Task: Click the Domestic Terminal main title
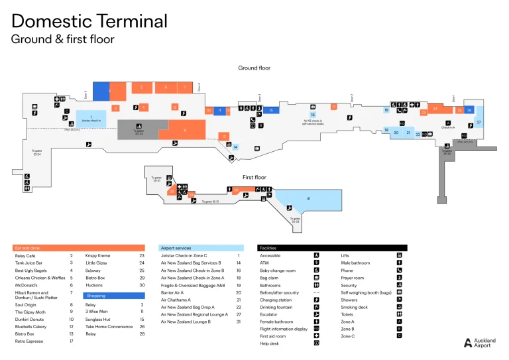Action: pos(89,21)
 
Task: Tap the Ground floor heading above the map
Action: pos(254,68)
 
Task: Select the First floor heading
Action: pos(254,178)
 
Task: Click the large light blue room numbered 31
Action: pos(308,199)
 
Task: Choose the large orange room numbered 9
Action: pos(185,130)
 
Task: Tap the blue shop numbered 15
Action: pos(270,110)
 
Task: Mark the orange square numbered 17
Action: pos(334,106)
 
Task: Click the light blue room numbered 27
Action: pos(479,123)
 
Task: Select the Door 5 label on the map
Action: pos(85,95)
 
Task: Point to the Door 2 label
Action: pos(352,97)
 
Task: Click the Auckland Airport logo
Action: pos(479,342)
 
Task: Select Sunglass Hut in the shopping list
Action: pos(97,319)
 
